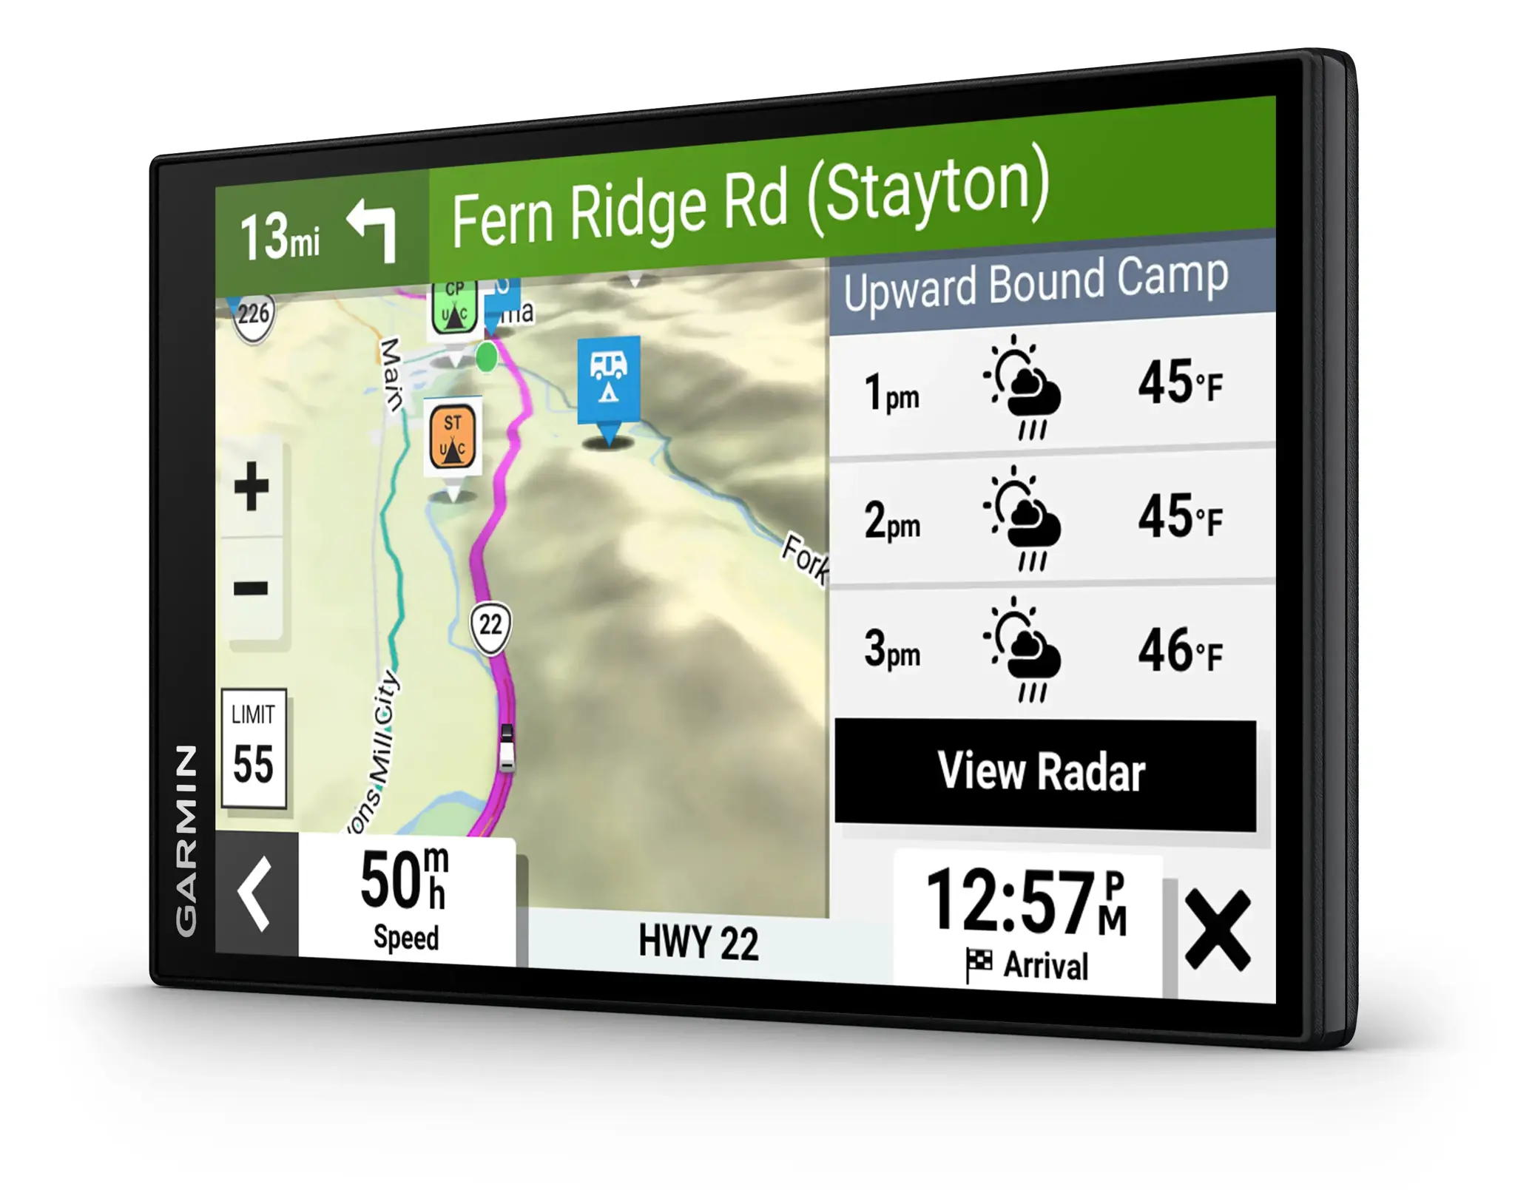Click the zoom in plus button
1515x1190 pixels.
tap(252, 486)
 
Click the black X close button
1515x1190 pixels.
tap(1218, 930)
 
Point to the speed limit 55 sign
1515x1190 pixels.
tap(253, 748)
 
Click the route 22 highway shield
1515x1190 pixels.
tap(490, 626)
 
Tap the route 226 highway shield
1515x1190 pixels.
tap(253, 315)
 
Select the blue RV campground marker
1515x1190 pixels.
tap(608, 379)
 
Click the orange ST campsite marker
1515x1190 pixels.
tap(453, 436)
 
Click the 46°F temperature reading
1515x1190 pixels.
tap(1180, 651)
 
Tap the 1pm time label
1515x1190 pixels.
tap(891, 393)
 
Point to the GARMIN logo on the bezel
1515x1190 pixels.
tap(186, 839)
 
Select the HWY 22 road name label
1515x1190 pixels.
tap(698, 942)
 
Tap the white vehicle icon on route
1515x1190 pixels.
tap(507, 747)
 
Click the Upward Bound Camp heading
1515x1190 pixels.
tap(1036, 283)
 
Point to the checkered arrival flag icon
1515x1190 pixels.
tap(979, 964)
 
